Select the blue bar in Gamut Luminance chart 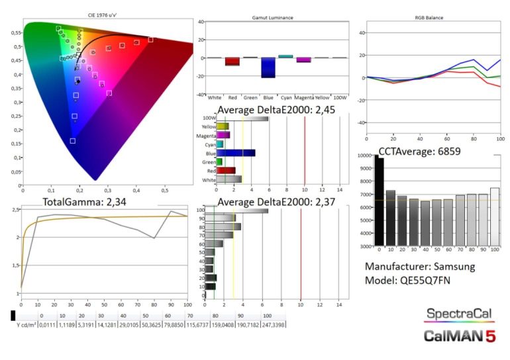(x=268, y=67)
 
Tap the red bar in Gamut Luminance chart (x=232, y=62)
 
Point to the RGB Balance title (x=430, y=18)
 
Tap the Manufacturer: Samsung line (x=420, y=267)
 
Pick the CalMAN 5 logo (x=459, y=336)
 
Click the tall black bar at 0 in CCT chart (x=380, y=201)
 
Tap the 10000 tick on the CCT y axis (x=364, y=156)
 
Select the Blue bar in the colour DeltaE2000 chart (x=236, y=153)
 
